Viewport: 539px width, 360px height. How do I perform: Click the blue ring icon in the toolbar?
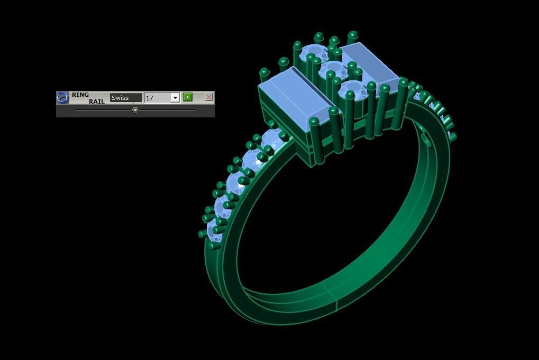coord(62,97)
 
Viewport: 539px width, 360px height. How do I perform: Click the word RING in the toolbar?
coord(80,95)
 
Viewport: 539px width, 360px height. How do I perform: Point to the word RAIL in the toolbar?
coord(96,101)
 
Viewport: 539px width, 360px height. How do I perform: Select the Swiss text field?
coord(125,98)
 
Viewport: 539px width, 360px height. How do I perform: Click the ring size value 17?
coord(157,98)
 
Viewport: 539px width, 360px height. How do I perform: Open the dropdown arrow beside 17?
coord(175,98)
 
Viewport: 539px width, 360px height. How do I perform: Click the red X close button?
coord(208,97)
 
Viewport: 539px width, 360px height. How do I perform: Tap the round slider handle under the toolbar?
coord(135,110)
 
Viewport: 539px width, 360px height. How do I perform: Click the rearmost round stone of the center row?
coord(315,53)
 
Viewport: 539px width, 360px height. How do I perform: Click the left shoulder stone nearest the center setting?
coord(273,139)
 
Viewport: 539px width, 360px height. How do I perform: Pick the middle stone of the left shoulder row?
coord(238,182)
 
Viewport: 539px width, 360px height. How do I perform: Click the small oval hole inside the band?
coord(426,140)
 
